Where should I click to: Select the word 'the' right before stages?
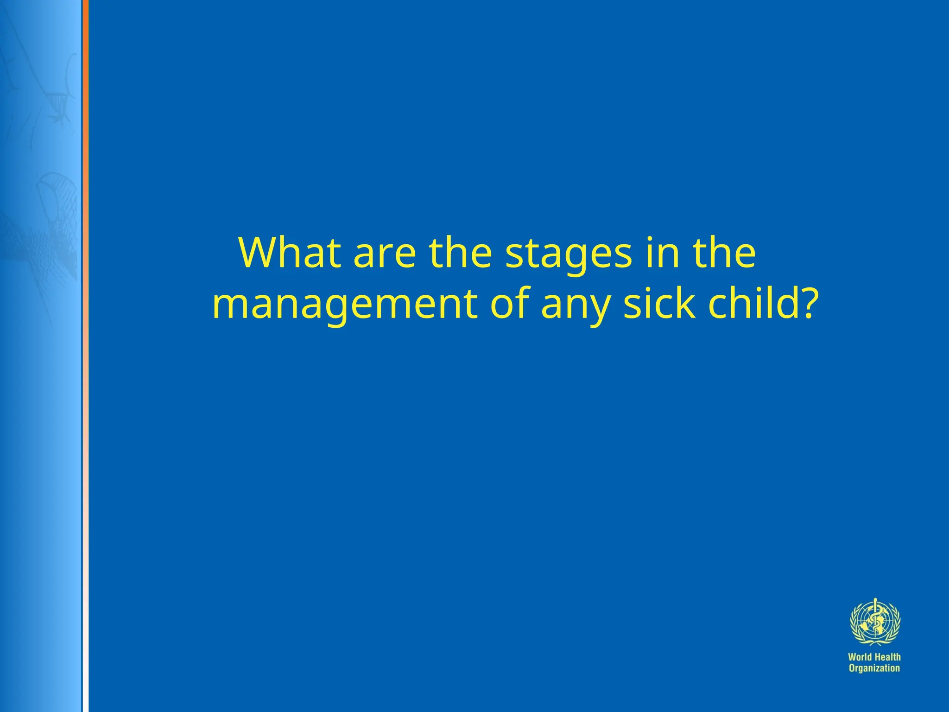(x=460, y=253)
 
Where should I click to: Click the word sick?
(x=659, y=304)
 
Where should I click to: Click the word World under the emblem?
(x=860, y=657)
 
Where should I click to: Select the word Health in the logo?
(x=888, y=657)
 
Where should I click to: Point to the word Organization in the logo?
(x=874, y=668)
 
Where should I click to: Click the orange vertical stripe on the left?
(x=85, y=139)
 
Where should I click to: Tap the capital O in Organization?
(x=852, y=668)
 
